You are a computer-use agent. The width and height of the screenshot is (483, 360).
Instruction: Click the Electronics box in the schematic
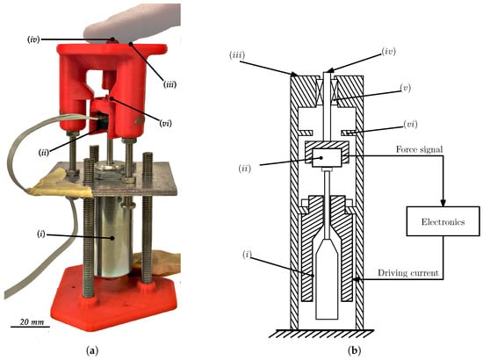(x=443, y=221)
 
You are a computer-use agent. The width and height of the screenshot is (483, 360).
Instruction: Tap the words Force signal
(x=419, y=149)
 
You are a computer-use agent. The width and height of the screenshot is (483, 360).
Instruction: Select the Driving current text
(x=407, y=273)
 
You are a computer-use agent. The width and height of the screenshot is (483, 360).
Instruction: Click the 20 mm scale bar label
(x=32, y=322)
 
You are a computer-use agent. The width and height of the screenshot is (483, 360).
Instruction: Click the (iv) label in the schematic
(x=388, y=52)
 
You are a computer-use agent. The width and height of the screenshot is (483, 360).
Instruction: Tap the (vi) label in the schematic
(x=410, y=125)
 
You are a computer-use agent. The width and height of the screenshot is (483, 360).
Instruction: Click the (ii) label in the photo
(x=44, y=152)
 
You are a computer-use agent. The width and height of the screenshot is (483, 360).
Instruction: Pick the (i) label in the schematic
(x=247, y=255)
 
